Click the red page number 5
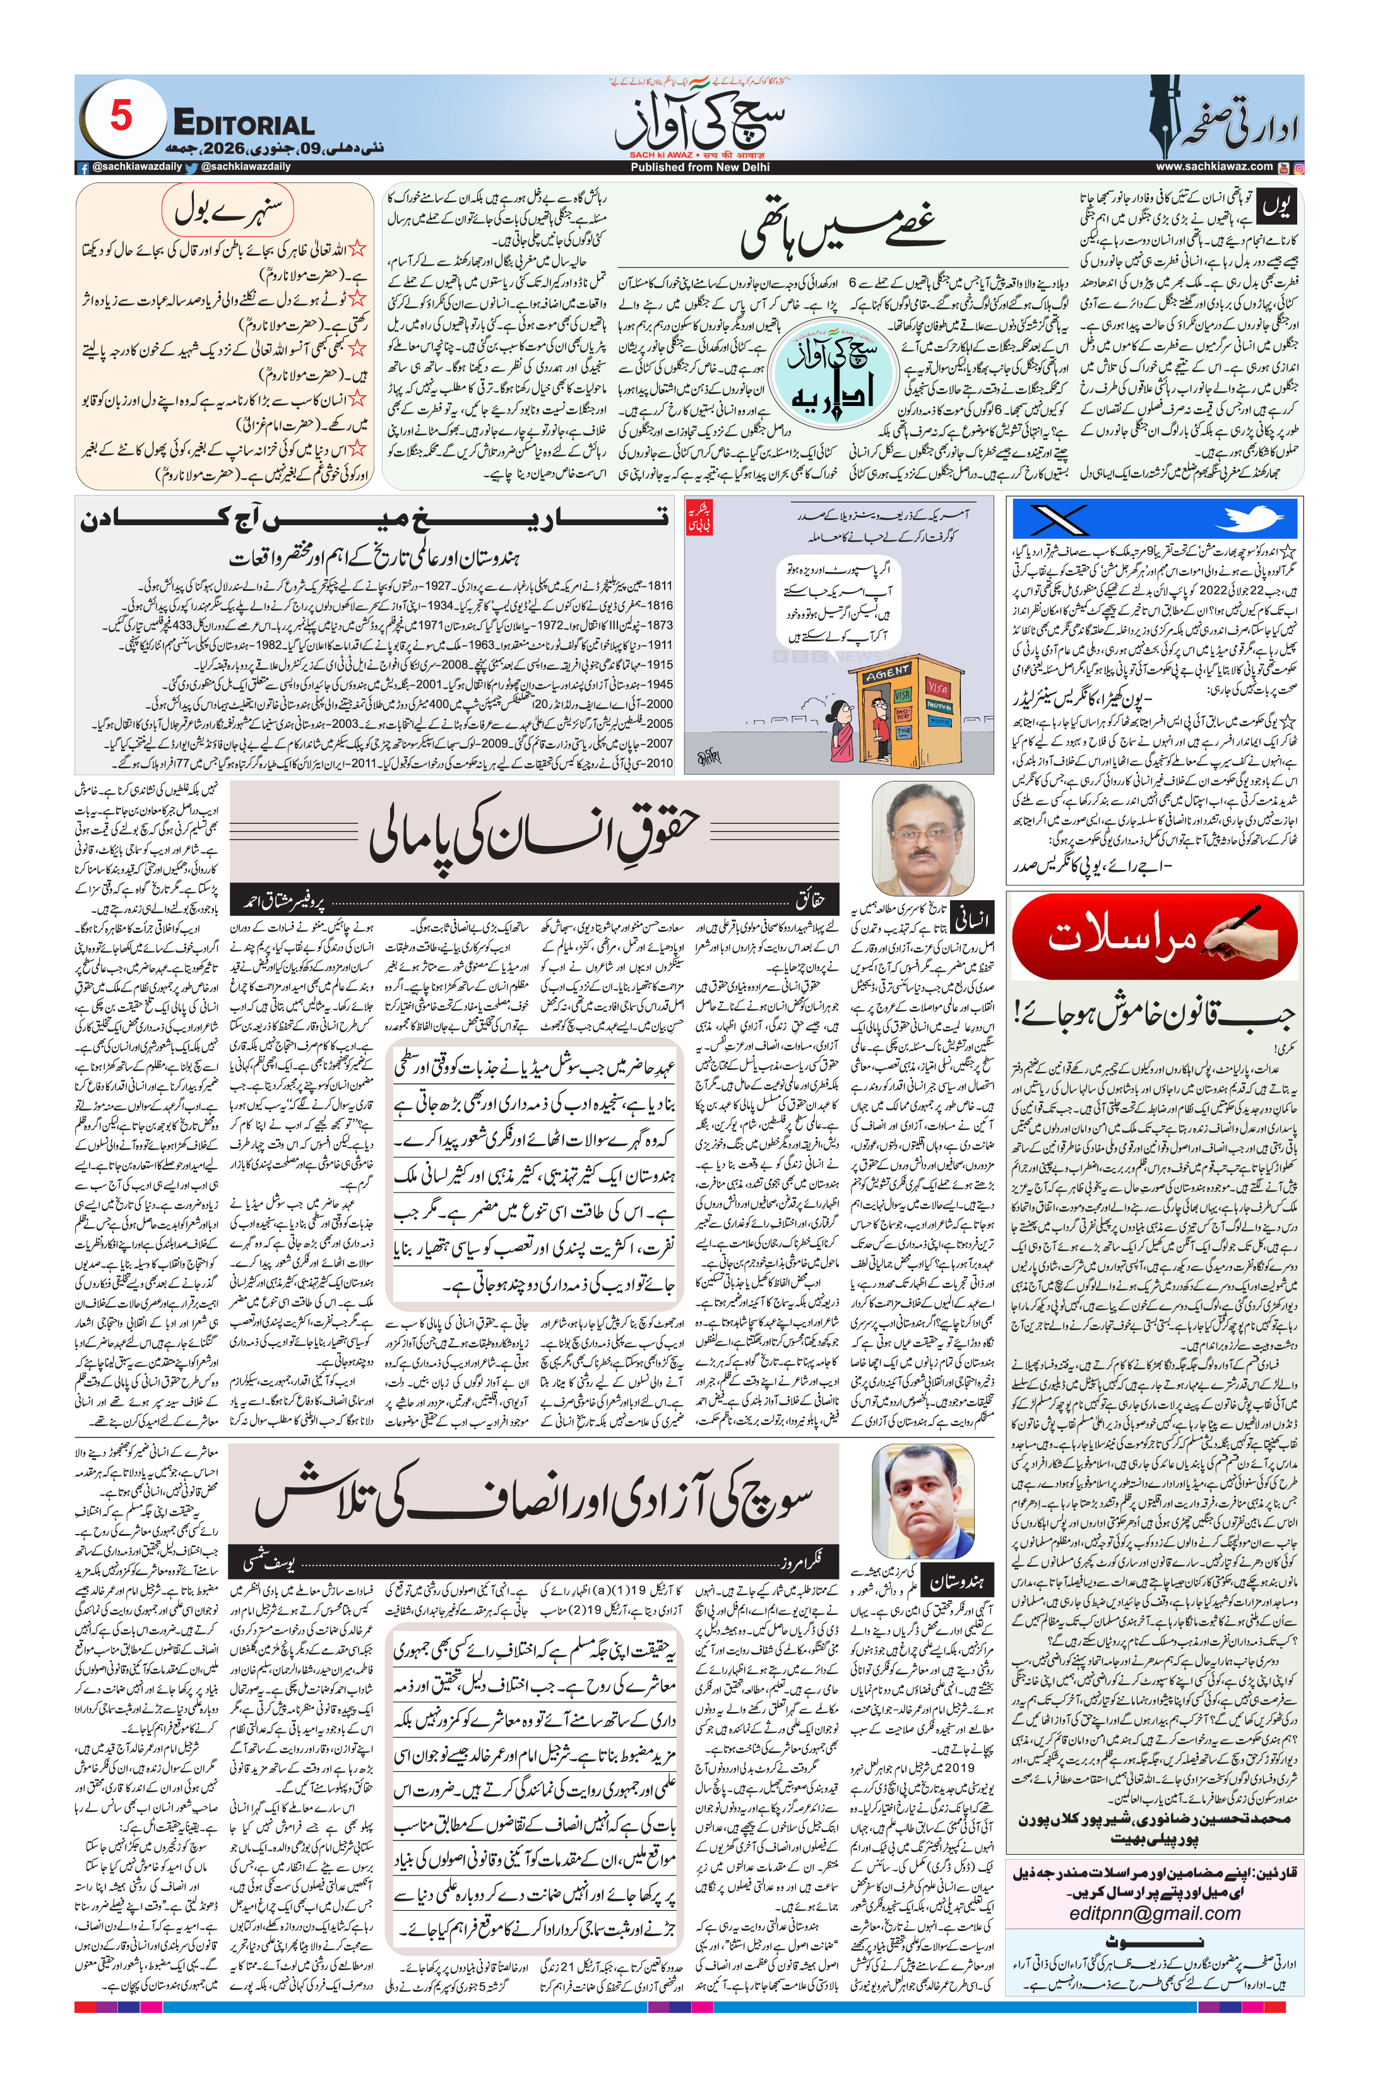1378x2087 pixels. (x=121, y=116)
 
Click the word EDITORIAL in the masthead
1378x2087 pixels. (x=244, y=124)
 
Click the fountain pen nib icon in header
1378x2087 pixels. (x=1166, y=116)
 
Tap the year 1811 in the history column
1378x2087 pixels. (x=659, y=586)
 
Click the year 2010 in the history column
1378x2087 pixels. (x=659, y=764)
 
